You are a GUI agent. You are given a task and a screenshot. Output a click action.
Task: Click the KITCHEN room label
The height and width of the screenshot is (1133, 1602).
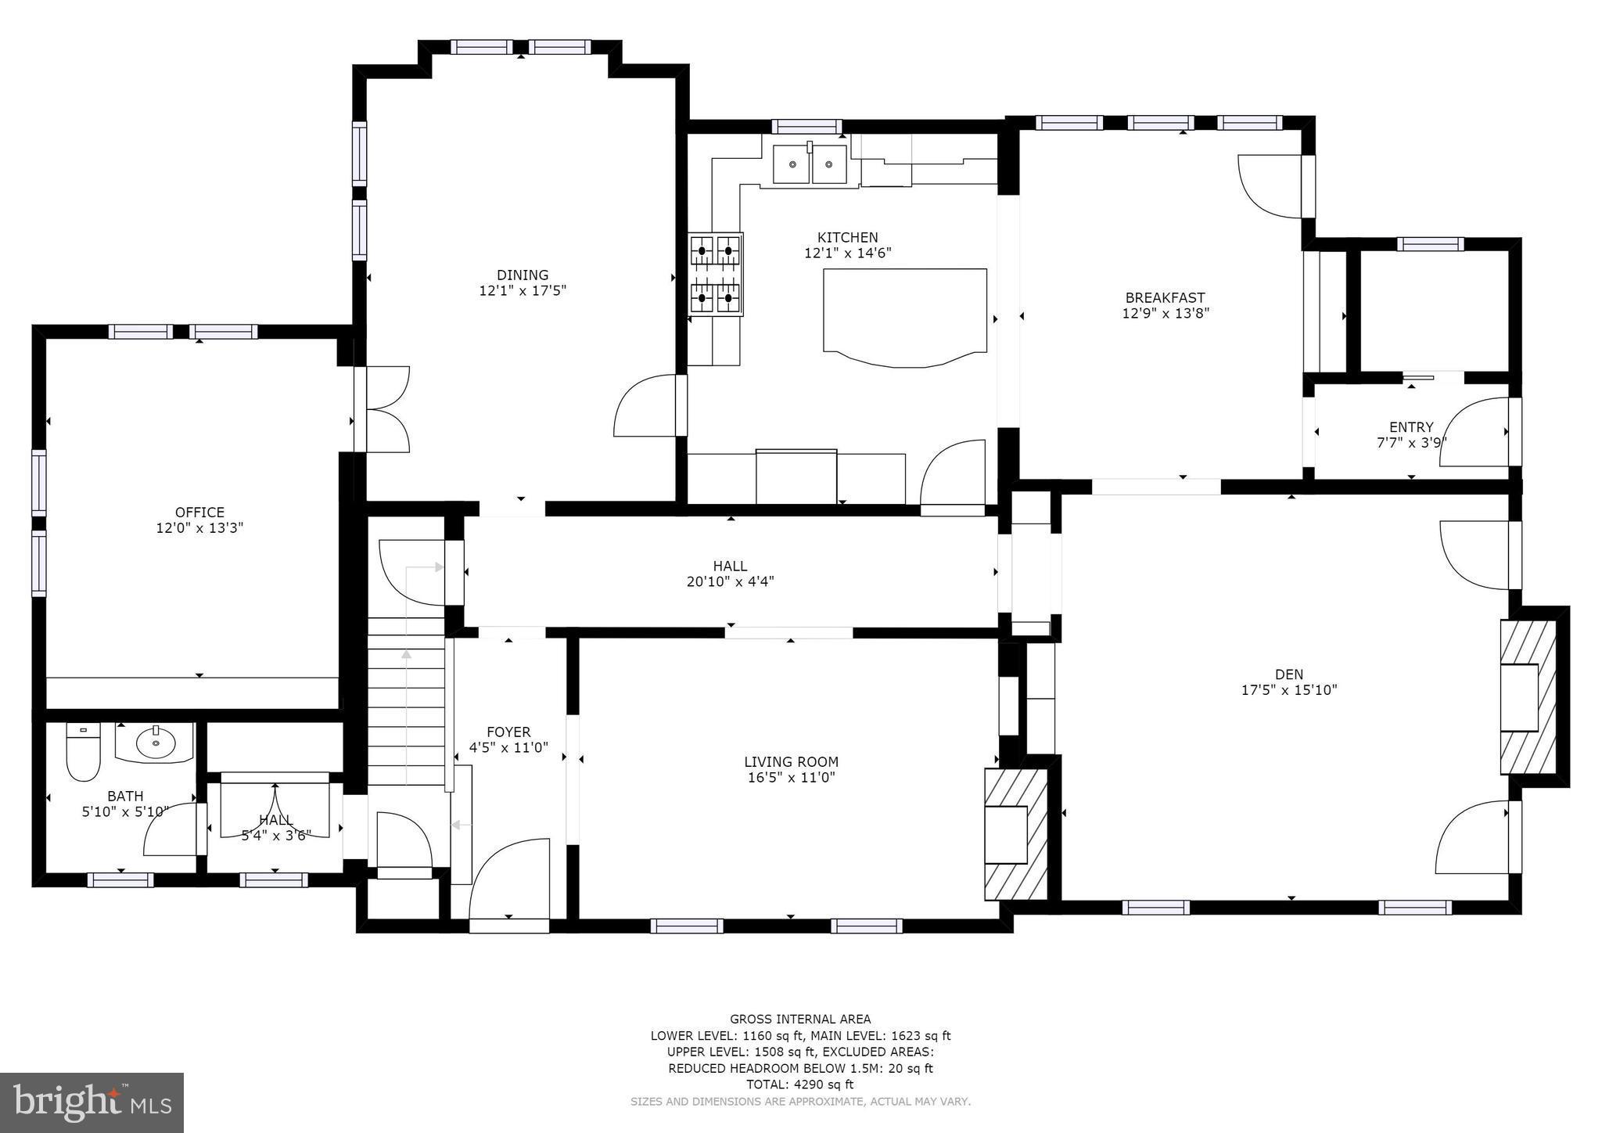(847, 237)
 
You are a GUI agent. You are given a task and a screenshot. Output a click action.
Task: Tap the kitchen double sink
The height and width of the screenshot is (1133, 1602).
(810, 164)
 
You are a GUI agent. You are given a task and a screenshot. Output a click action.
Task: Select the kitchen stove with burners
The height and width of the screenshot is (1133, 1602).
(716, 274)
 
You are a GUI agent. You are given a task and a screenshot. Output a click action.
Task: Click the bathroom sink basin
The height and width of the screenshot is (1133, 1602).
(155, 743)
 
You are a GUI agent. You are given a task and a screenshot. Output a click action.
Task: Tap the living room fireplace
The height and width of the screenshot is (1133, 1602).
(1014, 834)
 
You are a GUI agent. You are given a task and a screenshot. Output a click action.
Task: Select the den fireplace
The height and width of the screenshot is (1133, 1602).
(1527, 697)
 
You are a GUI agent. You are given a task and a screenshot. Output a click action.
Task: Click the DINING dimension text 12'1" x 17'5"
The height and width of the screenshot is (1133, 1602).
(523, 291)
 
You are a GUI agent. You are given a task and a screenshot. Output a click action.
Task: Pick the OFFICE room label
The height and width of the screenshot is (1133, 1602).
(199, 513)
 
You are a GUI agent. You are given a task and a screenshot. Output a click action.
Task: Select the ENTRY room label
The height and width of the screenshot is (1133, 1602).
(1411, 427)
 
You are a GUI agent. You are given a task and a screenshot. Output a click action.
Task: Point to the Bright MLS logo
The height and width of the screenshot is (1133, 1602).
(92, 1102)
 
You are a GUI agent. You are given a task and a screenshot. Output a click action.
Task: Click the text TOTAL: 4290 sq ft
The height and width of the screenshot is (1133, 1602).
(799, 1084)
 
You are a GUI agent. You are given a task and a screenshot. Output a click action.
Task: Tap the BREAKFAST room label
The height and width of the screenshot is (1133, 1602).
(1165, 297)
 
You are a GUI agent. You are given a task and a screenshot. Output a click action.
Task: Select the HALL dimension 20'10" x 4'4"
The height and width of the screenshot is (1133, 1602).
(729, 582)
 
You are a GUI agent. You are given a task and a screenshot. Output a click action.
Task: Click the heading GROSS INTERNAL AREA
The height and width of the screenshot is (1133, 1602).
(799, 1019)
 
